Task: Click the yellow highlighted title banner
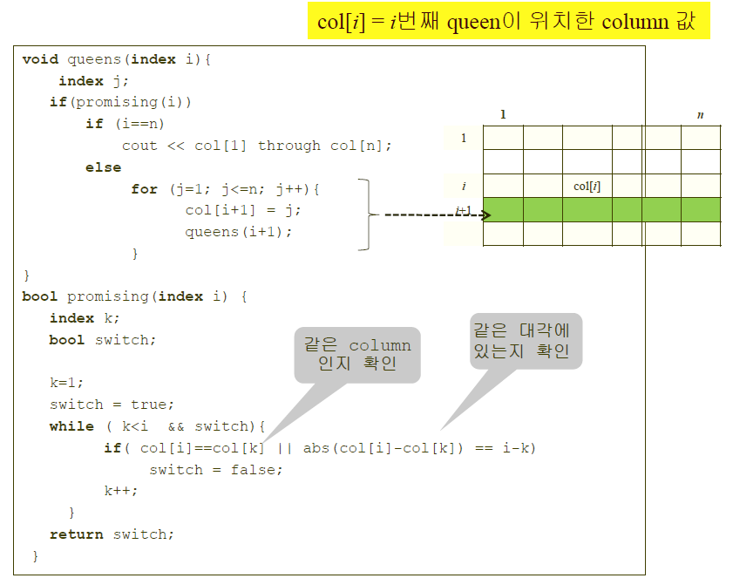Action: click(508, 21)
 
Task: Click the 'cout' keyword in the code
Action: click(139, 146)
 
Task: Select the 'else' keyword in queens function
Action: click(103, 167)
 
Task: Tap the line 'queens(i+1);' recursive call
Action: click(238, 232)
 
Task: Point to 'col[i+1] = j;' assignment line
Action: click(242, 210)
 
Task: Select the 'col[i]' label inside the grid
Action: click(587, 186)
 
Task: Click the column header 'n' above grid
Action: click(700, 115)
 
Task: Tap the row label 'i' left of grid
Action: click(464, 186)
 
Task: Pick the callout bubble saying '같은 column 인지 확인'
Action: click(357, 354)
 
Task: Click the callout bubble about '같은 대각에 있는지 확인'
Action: click(526, 341)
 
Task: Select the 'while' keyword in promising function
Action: click(71, 426)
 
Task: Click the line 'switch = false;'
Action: click(216, 470)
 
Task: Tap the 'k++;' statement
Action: click(121, 491)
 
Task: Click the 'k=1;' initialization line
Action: click(66, 383)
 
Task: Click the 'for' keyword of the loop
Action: click(144, 189)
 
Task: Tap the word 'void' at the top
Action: click(40, 59)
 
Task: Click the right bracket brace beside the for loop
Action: click(367, 214)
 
